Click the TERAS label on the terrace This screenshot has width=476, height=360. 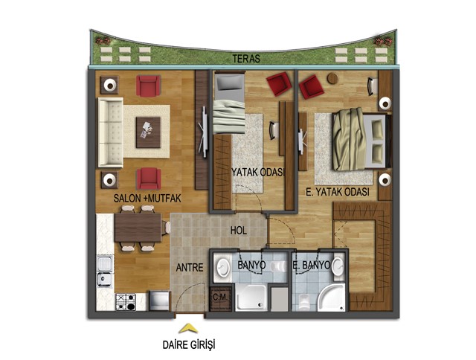point(246,59)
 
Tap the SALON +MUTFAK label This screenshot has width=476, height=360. point(147,198)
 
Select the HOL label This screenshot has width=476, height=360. point(238,231)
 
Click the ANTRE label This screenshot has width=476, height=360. point(190,268)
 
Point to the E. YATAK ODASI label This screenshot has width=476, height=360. point(338,192)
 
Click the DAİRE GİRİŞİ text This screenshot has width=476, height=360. point(189,345)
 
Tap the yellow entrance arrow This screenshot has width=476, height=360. point(188,329)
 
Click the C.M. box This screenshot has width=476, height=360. point(221,298)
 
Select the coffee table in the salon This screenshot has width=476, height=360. point(148,132)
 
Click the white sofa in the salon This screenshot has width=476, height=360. point(111,132)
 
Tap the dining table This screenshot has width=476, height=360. point(138,228)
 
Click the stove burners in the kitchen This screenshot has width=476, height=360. point(126,302)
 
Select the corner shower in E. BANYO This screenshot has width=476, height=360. point(331,298)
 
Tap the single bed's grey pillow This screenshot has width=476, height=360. point(229,83)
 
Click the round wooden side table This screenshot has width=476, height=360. point(332,78)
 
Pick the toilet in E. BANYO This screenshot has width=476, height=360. point(303,301)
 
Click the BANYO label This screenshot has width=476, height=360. point(251,265)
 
